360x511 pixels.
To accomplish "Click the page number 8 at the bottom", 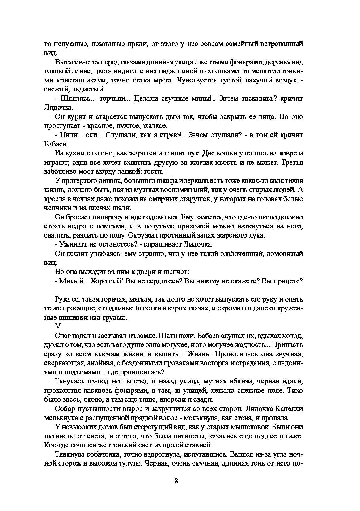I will point(176,481).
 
